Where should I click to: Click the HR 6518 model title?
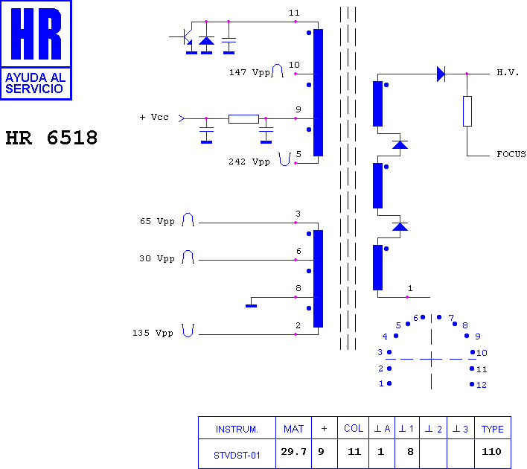click(51, 138)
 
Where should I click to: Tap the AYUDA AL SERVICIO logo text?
click(35, 83)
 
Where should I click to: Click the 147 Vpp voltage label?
click(249, 72)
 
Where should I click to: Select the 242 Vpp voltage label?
click(249, 162)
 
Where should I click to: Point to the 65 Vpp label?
click(157, 221)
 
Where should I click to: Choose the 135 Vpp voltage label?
click(153, 333)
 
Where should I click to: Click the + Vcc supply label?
click(154, 117)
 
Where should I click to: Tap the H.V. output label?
click(508, 72)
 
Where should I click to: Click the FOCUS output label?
click(511, 154)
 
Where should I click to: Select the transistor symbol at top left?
click(184, 37)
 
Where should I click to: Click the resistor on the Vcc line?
click(243, 118)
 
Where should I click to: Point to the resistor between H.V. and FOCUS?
click(467, 111)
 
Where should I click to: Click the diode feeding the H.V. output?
click(441, 74)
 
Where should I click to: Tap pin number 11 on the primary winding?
click(294, 13)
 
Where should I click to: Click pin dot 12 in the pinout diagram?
click(472, 384)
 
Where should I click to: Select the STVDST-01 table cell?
click(237, 455)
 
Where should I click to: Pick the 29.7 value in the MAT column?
click(294, 452)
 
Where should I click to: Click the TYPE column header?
click(492, 429)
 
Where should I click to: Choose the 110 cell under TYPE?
click(491, 451)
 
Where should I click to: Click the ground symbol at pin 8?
click(251, 306)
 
